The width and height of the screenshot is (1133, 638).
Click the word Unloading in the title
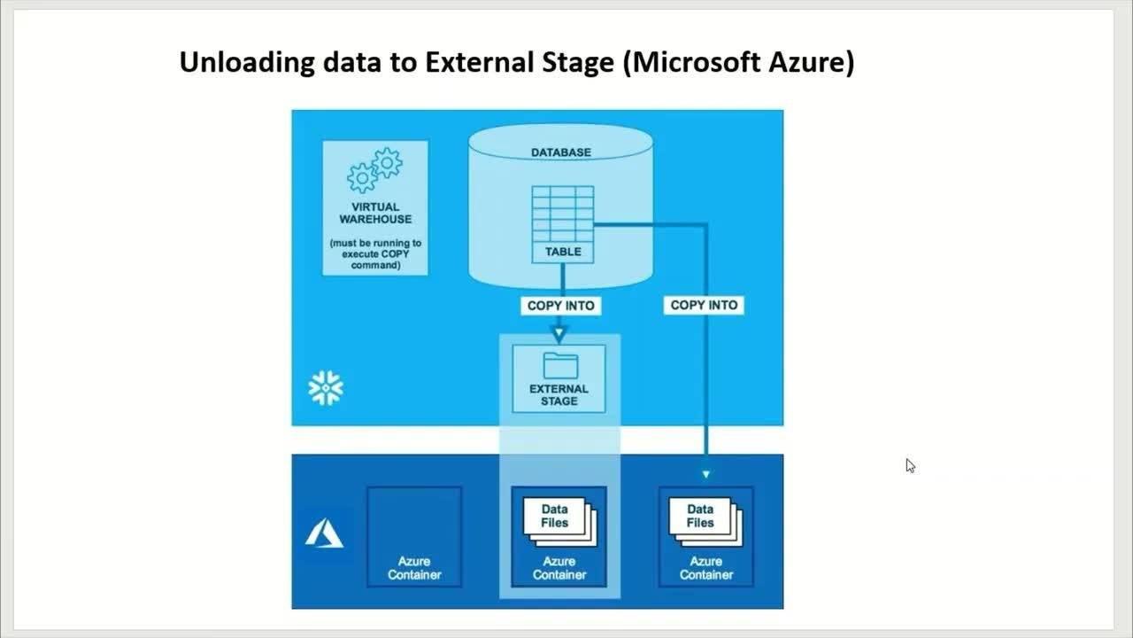(246, 63)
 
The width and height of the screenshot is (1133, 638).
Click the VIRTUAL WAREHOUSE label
(375, 214)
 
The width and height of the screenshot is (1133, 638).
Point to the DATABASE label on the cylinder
(561, 152)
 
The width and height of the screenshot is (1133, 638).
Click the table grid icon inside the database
(563, 214)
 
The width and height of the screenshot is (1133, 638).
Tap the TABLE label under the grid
(563, 252)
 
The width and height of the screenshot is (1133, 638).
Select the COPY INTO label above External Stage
(561, 306)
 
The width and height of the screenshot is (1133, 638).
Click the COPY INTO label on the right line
(704, 306)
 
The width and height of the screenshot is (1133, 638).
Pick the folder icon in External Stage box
(560, 366)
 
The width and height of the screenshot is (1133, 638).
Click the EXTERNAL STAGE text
(559, 395)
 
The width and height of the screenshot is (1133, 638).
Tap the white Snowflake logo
(326, 388)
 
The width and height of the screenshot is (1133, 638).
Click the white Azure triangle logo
(324, 533)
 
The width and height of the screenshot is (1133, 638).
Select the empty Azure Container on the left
(414, 537)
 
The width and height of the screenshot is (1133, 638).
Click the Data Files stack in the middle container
(560, 522)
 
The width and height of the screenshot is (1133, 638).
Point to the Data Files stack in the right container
(705, 522)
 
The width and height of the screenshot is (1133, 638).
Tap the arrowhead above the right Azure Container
(706, 474)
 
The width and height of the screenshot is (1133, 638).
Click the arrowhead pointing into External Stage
(559, 334)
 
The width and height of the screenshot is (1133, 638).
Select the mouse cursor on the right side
(911, 466)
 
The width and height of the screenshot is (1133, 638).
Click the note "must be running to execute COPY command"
(375, 254)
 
